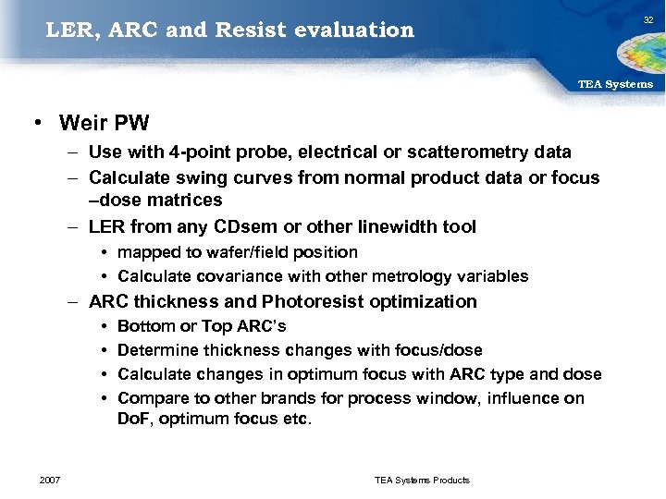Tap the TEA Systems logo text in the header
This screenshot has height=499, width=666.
[x=615, y=84]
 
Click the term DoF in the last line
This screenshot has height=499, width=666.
[x=132, y=420]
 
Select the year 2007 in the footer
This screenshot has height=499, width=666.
[x=52, y=480]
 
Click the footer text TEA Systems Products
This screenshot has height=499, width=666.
[x=422, y=480]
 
